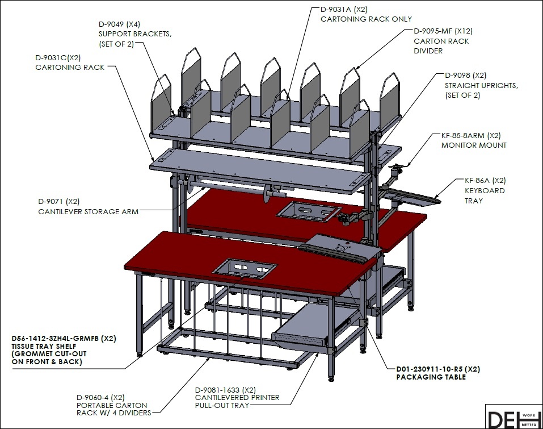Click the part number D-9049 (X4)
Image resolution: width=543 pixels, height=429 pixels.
pyautogui.click(x=119, y=24)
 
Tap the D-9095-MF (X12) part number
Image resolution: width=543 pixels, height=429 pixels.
pyautogui.click(x=443, y=31)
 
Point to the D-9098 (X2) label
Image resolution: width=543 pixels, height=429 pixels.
pyautogui.click(x=465, y=75)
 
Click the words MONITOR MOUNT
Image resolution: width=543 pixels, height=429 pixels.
pyautogui.click(x=474, y=145)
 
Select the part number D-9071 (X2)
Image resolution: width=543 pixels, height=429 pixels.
pyautogui.click(x=59, y=202)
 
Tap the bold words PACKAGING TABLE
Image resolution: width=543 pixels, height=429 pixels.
pyautogui.click(x=431, y=377)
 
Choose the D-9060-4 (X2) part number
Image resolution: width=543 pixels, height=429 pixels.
pyautogui.click(x=100, y=397)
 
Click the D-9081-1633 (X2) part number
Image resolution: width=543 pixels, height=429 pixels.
pyautogui.click(x=225, y=390)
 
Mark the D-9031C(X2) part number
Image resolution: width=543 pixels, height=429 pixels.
pyautogui.click(x=58, y=57)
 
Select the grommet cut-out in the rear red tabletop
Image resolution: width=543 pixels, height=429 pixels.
pyautogui.click(x=309, y=211)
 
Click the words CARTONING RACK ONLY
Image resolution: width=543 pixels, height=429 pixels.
pyautogui.click(x=366, y=19)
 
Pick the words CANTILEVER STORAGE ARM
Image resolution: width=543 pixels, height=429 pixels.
pyautogui.click(x=89, y=211)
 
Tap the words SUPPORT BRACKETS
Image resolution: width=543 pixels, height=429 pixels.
pyautogui.click(x=135, y=34)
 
